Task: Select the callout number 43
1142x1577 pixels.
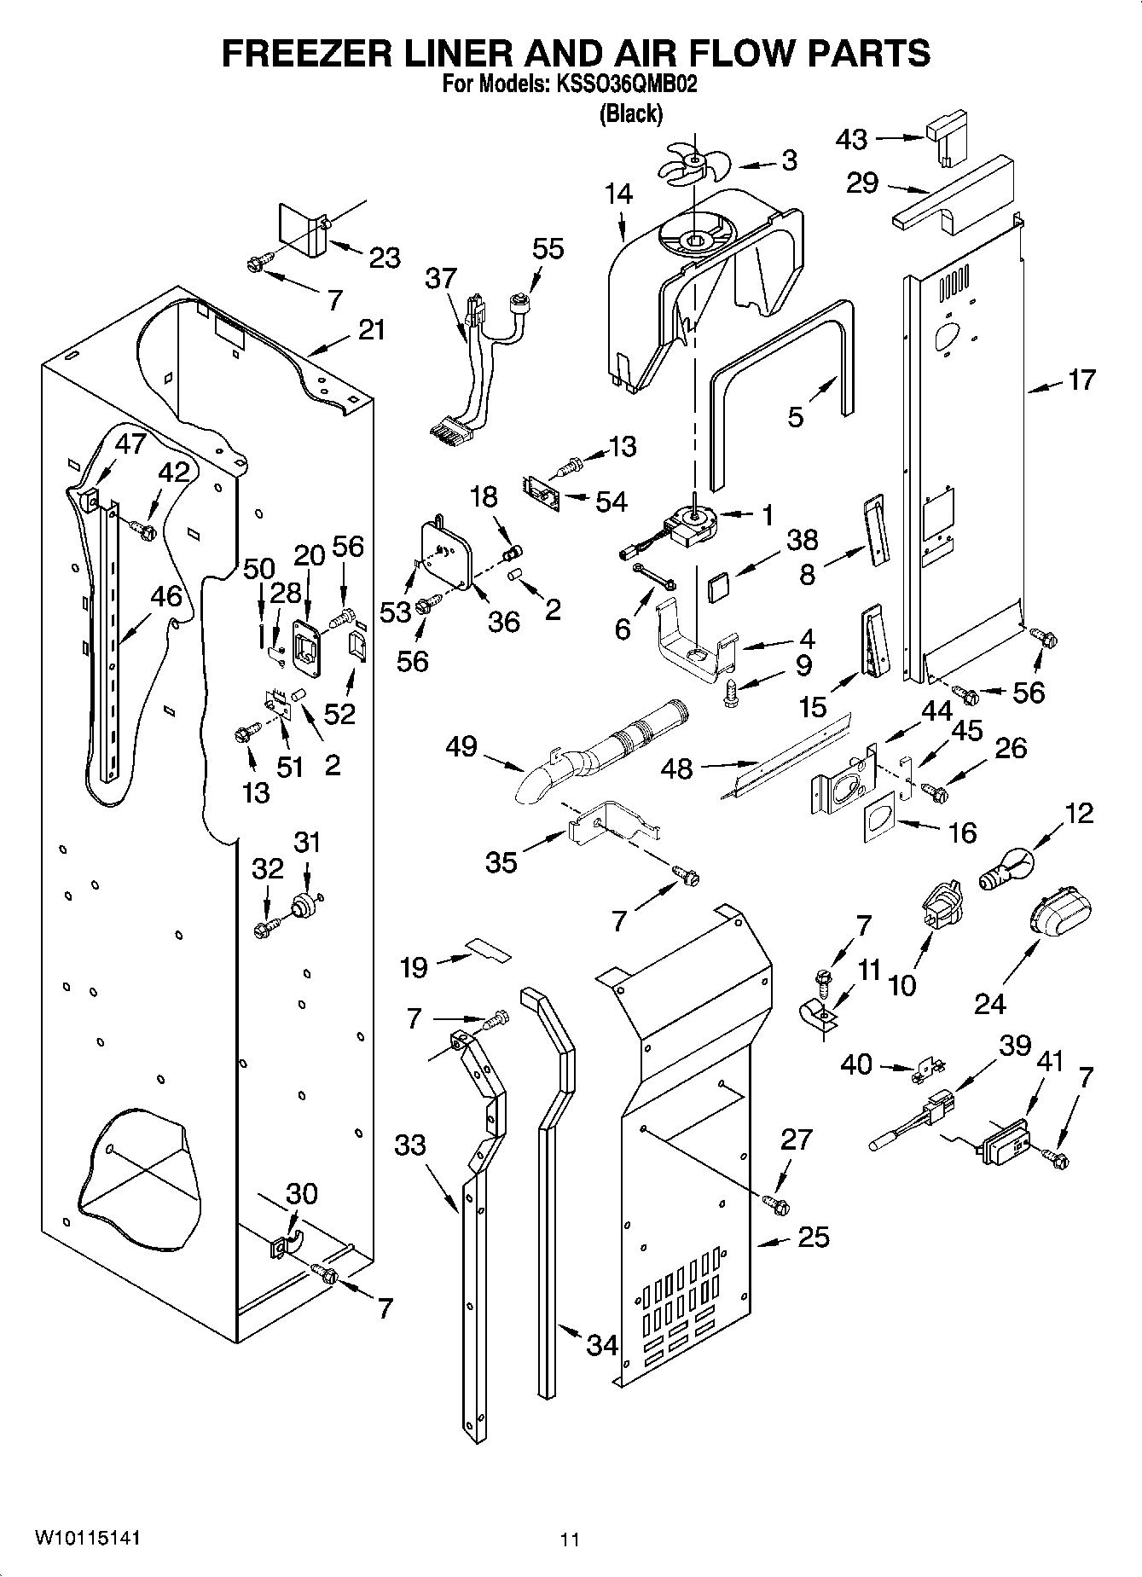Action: pos(851,139)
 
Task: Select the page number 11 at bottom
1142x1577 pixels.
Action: pos(570,1539)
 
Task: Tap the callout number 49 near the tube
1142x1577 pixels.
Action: pos(461,747)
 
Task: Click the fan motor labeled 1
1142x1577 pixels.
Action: pos(689,525)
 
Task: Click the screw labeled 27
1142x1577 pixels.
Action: pos(775,1203)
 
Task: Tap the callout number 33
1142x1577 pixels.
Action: pos(409,1144)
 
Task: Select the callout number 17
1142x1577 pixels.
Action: pos(1081,380)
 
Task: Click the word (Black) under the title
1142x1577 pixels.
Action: pos(630,113)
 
